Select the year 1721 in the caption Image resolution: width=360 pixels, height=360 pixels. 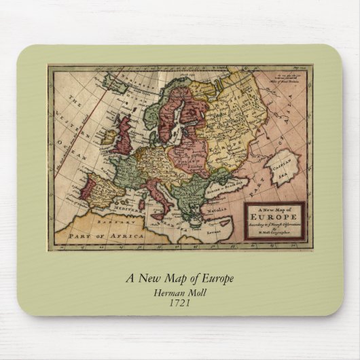pyautogui.click(x=180, y=302)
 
